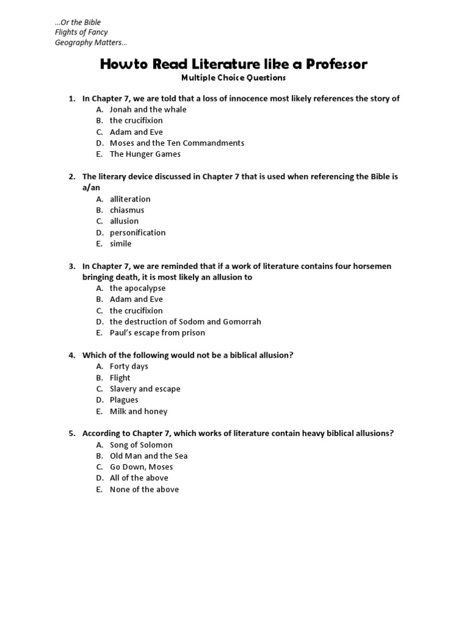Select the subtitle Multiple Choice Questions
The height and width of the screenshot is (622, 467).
233,78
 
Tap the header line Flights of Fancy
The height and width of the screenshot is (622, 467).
81,32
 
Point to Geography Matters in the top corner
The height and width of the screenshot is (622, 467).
91,43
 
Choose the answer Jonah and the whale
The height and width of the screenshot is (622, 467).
148,109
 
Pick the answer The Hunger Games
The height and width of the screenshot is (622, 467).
145,154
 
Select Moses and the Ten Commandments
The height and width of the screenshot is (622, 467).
176,143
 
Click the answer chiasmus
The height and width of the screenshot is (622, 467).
126,210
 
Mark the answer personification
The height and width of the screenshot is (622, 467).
137,233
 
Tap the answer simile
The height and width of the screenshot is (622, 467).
120,244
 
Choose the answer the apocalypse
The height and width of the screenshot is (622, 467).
137,289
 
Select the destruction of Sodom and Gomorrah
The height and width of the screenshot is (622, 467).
185,322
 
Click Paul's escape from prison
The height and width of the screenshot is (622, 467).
157,333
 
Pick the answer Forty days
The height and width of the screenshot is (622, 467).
129,366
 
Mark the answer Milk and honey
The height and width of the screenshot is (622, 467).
138,411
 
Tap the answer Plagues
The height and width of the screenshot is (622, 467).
124,400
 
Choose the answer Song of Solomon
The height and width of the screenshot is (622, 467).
141,445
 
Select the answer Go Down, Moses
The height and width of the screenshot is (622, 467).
141,467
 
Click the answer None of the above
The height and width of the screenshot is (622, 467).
144,490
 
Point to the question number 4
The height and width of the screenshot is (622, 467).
71,355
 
